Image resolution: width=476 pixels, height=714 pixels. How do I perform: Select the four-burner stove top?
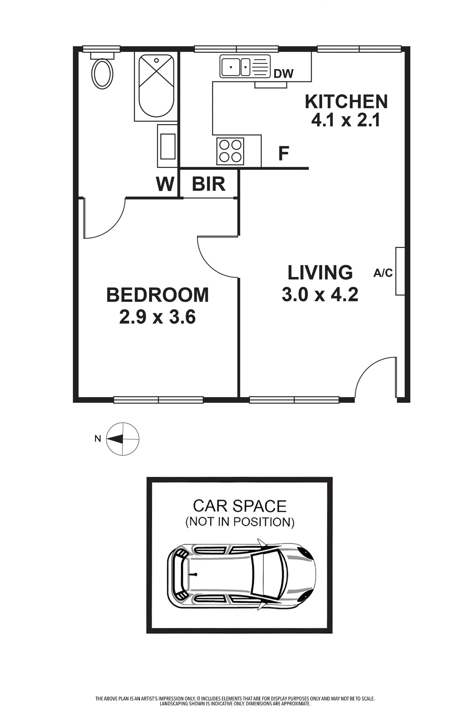click(x=230, y=151)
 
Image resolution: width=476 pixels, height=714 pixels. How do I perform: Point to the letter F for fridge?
click(x=284, y=154)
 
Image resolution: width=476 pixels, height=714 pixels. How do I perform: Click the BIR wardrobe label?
click(x=209, y=184)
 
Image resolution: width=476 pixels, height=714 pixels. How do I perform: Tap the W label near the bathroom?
click(x=165, y=184)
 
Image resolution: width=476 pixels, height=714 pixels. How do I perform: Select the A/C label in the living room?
click(x=383, y=273)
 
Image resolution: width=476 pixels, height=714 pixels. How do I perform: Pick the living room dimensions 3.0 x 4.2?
click(x=320, y=295)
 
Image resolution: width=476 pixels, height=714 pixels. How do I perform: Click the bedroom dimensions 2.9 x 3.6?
click(x=157, y=317)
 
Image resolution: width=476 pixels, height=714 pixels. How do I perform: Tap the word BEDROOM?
click(x=158, y=295)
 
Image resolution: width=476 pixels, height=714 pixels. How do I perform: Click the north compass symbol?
click(x=123, y=439)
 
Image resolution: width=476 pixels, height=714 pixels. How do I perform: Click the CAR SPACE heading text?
click(x=240, y=506)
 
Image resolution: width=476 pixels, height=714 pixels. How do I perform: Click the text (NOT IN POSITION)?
click(x=240, y=522)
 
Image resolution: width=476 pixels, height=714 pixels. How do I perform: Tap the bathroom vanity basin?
click(x=168, y=146)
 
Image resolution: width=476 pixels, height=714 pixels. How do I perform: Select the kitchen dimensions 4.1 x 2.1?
click(x=346, y=120)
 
